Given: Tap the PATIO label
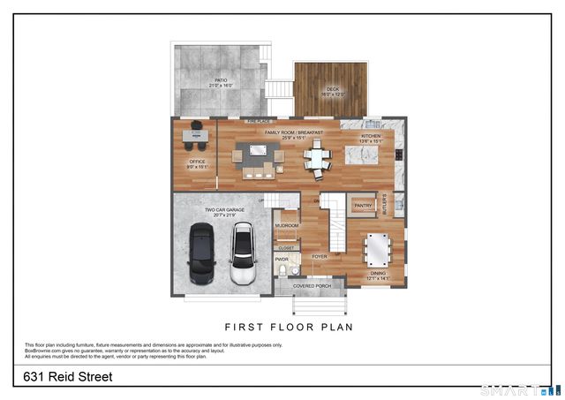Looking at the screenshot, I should [x=221, y=83].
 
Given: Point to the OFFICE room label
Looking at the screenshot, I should [x=196, y=163].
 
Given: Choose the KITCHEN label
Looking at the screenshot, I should [x=370, y=138].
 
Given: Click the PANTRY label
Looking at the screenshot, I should [x=363, y=206].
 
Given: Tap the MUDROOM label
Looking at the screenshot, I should [x=287, y=225].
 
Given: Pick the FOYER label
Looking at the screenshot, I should [x=319, y=257].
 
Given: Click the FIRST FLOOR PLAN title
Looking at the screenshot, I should [x=289, y=326].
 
